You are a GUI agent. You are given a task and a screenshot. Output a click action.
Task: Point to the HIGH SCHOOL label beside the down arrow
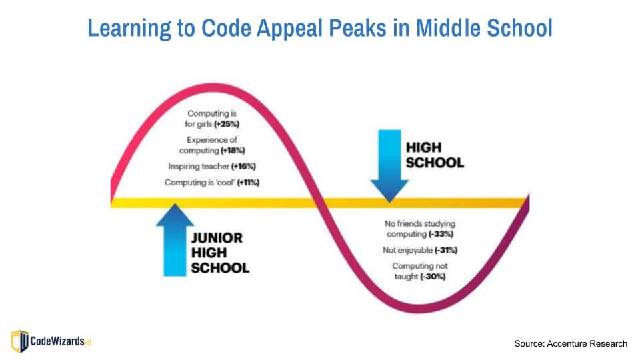433,154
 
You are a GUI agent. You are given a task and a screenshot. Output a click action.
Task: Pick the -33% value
443,234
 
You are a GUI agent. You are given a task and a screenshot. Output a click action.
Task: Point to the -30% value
433,276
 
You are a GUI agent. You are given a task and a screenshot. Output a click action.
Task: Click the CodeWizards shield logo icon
20,341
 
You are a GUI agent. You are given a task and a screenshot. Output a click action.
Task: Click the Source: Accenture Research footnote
570,343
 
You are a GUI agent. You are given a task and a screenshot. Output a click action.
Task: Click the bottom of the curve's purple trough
427,309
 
